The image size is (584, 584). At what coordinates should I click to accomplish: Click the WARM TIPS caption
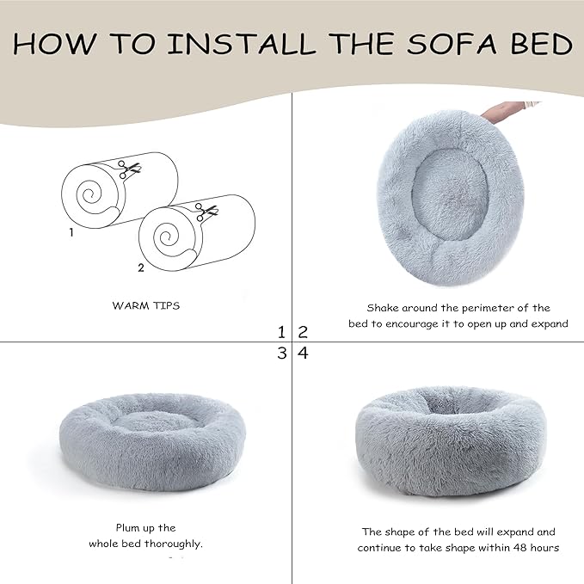(x=146, y=305)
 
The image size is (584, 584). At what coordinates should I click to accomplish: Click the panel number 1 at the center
(x=281, y=332)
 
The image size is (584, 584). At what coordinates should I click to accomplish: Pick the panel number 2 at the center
(x=302, y=332)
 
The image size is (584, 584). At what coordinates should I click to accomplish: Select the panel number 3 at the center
(x=281, y=353)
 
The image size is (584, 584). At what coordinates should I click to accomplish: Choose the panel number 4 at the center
(x=302, y=353)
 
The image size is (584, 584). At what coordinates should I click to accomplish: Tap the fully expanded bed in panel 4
(x=450, y=439)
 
